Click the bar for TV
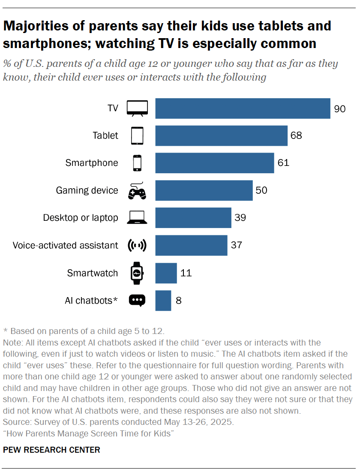243,108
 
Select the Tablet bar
221,136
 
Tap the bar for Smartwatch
166,273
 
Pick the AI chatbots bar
163,301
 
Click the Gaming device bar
204,191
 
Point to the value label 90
340,109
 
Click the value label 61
283,163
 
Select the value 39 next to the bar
240,218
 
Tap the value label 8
179,301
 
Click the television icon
137,108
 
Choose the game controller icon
137,191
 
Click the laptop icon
137,218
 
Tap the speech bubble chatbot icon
137,301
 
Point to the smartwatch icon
137,273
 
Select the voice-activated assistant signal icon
137,246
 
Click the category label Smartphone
92,163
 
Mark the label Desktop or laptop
81,218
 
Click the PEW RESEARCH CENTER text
52,450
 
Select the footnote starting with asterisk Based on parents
84,331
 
